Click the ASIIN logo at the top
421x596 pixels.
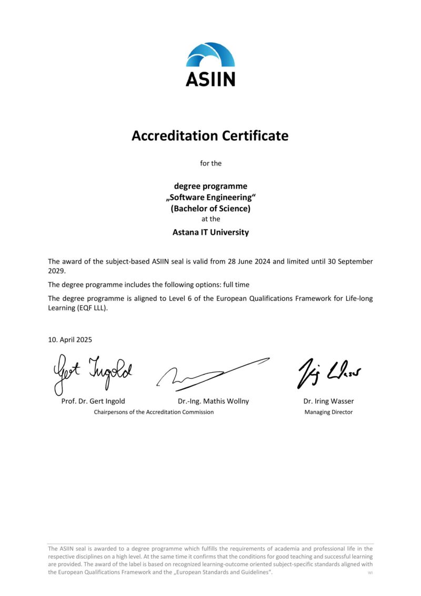pyautogui.click(x=210, y=64)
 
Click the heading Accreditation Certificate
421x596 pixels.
pyautogui.click(x=210, y=136)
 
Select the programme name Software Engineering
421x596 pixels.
pyautogui.click(x=210, y=197)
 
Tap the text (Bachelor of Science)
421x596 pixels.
pyautogui.click(x=210, y=208)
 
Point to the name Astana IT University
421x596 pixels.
pyautogui.click(x=210, y=232)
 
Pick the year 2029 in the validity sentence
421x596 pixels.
pyautogui.click(x=56, y=271)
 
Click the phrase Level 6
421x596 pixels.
pyautogui.click(x=188, y=298)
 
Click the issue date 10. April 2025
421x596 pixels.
pyautogui.click(x=70, y=340)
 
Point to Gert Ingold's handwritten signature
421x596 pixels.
pyautogui.click(x=92, y=372)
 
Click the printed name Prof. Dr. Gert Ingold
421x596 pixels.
pyautogui.click(x=93, y=401)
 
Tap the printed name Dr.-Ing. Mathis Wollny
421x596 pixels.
pyautogui.click(x=213, y=401)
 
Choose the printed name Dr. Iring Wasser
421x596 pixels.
pyautogui.click(x=328, y=401)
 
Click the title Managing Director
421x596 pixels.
pyautogui.click(x=328, y=412)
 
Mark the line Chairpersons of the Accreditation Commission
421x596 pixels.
pyautogui.click(x=154, y=412)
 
